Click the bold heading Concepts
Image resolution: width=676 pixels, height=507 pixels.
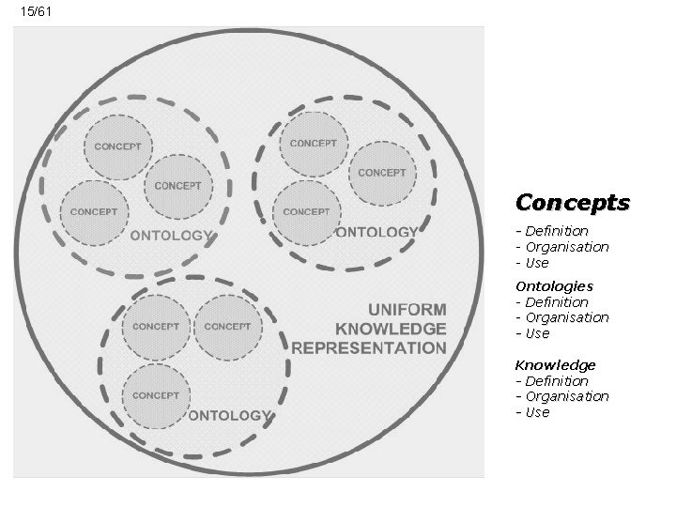pos(573,203)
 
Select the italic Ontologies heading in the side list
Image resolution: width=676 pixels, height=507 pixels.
pos(554,285)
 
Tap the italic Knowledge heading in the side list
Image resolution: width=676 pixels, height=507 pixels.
pos(555,364)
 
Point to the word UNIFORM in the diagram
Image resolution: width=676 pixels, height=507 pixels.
pos(407,310)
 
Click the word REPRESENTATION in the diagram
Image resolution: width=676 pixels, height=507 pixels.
pos(369,347)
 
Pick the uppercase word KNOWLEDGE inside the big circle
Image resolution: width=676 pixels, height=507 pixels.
pos(391,329)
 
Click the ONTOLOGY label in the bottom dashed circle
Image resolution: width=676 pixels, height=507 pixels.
pos(230,415)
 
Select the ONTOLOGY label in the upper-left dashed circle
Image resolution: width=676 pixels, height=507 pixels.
pos(172,236)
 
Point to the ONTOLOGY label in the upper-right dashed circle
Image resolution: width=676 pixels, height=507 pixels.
pos(376,232)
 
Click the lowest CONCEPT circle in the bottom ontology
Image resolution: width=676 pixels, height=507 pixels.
pos(156,395)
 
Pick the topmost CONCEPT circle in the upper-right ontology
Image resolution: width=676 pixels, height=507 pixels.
pos(314,144)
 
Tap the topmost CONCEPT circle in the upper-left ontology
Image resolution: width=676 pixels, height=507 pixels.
pos(118,146)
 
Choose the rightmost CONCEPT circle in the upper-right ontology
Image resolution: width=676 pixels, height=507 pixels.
pos(382,173)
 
